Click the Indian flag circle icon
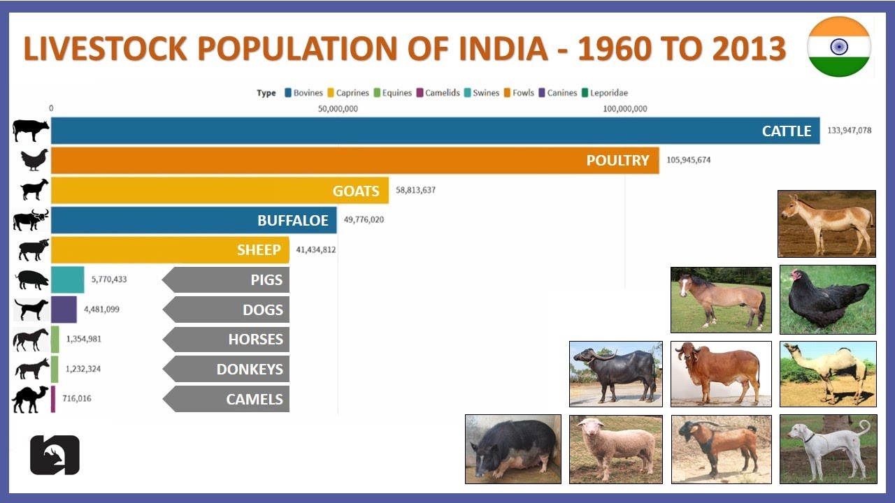pyautogui.click(x=838, y=47)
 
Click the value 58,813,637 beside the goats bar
pyautogui.click(x=415, y=190)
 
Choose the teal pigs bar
pyautogui.click(x=68, y=279)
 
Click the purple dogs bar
pyautogui.click(x=64, y=309)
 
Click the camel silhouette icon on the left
pyautogui.click(x=30, y=400)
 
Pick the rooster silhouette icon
pyautogui.click(x=34, y=160)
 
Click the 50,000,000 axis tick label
pyautogui.click(x=338, y=109)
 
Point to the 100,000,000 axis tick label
pyautogui.click(x=624, y=109)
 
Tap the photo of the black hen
pyautogui.click(x=828, y=299)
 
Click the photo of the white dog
pyautogui.click(x=828, y=449)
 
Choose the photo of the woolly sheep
pyautogui.click(x=615, y=449)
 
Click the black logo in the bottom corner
pyautogui.click(x=55, y=455)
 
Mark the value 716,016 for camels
pyautogui.click(x=77, y=399)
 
